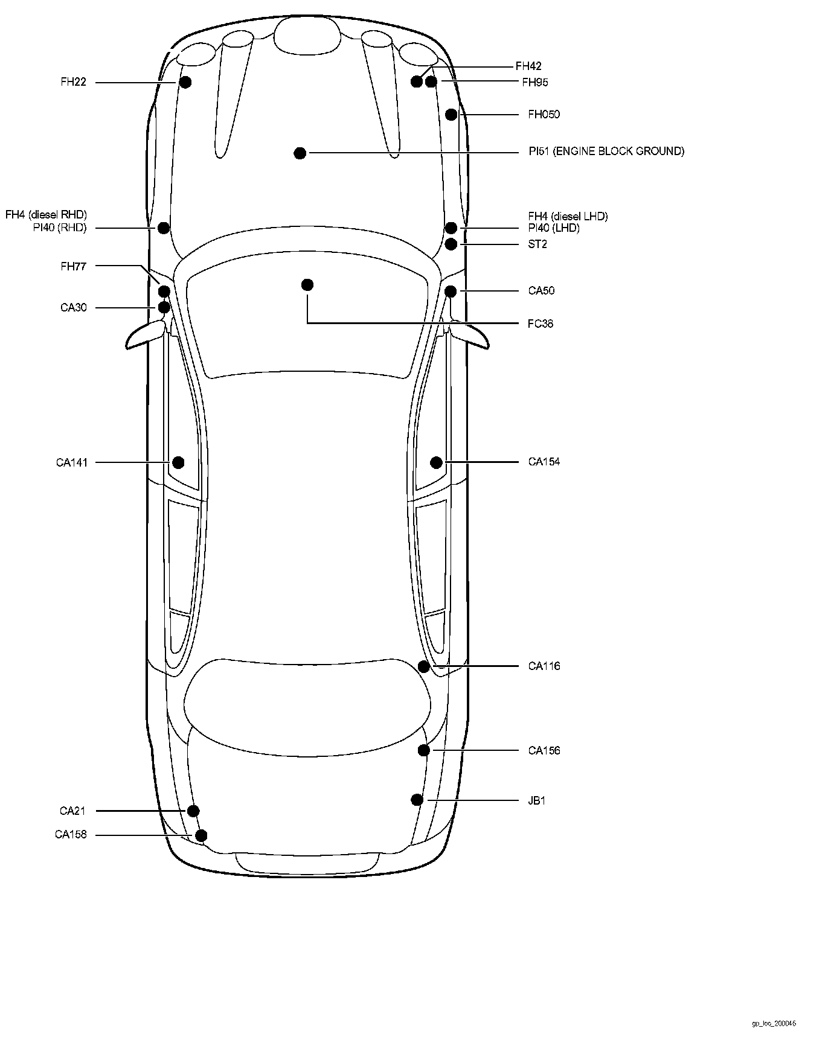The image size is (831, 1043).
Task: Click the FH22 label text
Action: (73, 82)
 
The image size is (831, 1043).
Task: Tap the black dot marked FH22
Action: (185, 82)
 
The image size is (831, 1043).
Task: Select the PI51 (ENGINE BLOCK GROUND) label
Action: (606, 152)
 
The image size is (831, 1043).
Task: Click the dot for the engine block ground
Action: (300, 153)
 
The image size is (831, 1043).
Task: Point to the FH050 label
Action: (544, 115)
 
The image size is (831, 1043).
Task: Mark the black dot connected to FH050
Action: (451, 115)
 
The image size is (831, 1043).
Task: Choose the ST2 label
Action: (537, 244)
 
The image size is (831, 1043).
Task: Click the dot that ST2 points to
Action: (451, 244)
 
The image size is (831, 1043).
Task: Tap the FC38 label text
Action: (540, 324)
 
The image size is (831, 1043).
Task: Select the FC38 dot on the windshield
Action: (307, 285)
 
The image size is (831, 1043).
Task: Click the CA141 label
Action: (72, 463)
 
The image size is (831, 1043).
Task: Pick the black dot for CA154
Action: (436, 462)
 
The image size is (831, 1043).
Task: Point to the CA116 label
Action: (544, 666)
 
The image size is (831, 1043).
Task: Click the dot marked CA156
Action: (424, 750)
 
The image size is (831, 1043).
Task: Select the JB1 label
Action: (537, 801)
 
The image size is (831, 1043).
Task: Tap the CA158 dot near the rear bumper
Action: (202, 835)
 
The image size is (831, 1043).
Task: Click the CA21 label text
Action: (72, 811)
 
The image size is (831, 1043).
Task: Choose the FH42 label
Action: (528, 66)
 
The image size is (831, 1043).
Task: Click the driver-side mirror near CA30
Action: (144, 336)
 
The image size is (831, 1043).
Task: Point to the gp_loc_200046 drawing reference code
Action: (774, 1024)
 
